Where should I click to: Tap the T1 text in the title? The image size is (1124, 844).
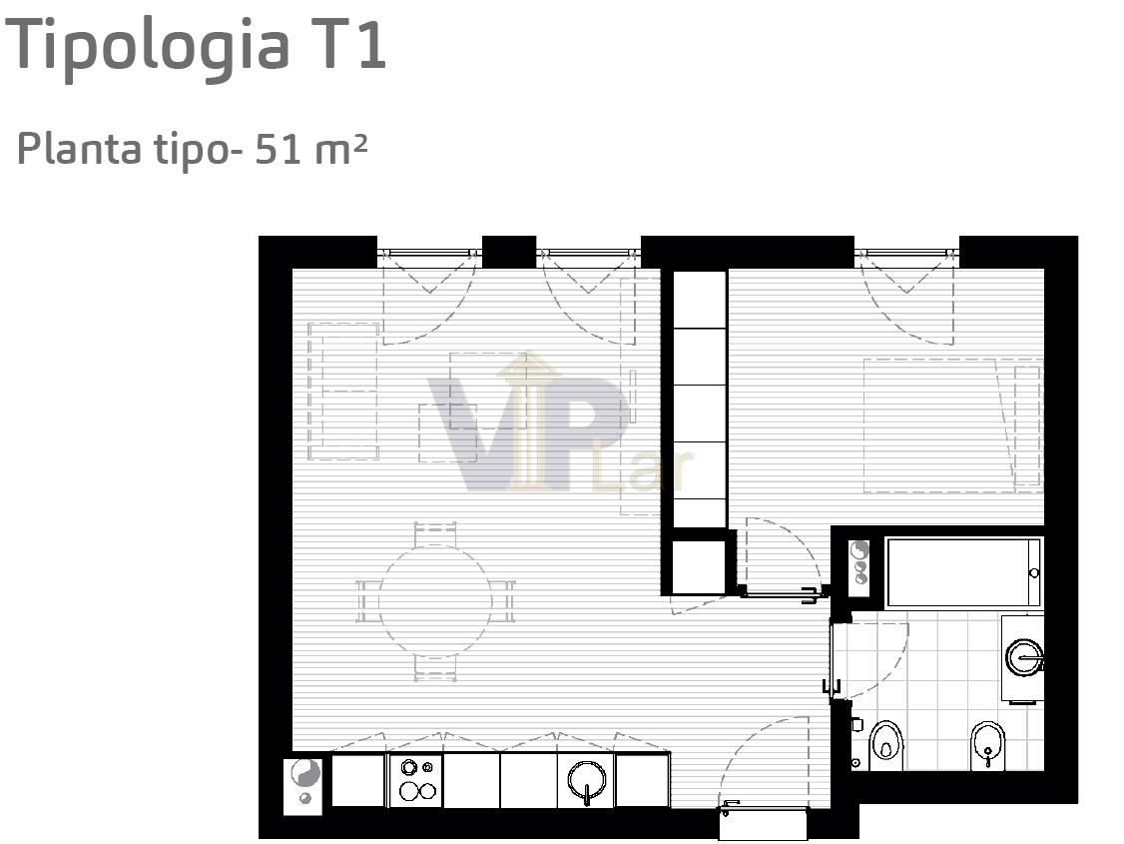point(349,44)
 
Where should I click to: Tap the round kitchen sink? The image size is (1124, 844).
point(587,780)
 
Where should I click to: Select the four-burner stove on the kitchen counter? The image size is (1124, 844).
point(416,780)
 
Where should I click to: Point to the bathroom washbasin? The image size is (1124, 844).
point(1024,657)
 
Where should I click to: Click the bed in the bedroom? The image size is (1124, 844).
point(952,425)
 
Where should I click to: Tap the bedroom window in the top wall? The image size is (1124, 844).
point(906,254)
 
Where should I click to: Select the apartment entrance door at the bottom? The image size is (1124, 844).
point(764,824)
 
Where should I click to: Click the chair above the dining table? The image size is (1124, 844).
point(435,534)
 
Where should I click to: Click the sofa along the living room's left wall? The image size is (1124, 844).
point(343,391)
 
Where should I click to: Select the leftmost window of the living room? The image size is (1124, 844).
point(429,254)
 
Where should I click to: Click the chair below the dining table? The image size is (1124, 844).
point(435,667)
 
